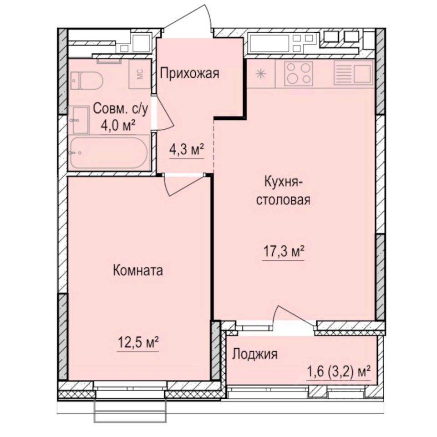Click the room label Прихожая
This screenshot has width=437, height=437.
click(x=189, y=73)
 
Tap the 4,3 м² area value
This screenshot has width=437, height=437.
click(x=186, y=150)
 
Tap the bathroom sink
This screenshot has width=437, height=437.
click(x=80, y=119)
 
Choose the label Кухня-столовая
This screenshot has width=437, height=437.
click(x=283, y=191)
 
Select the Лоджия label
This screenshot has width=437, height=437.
click(x=255, y=354)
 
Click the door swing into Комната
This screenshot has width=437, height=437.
click(x=182, y=184)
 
